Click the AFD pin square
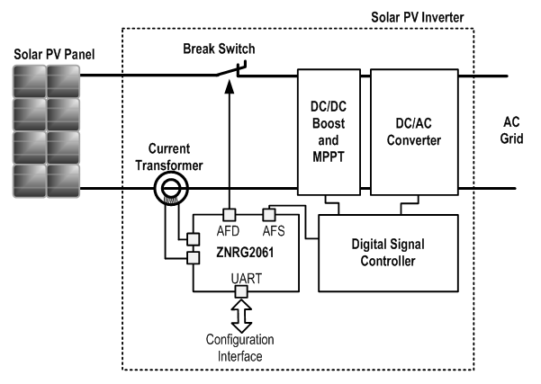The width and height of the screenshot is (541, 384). pyautogui.click(x=230, y=214)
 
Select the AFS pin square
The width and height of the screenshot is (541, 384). pyautogui.click(x=268, y=214)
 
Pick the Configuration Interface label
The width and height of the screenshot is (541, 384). pyautogui.click(x=240, y=347)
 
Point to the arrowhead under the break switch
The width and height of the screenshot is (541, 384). pyautogui.click(x=230, y=86)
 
